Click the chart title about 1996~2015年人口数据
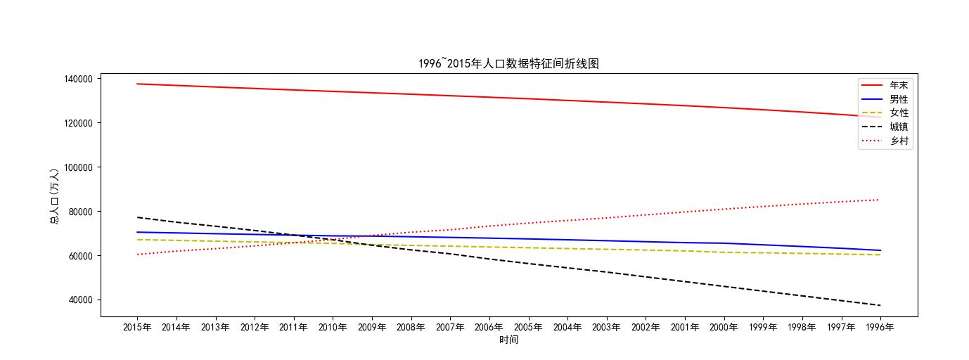tap(508, 64)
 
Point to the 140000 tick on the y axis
tap(78, 79)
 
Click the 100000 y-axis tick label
tap(78, 167)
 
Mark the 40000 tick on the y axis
tap(80, 300)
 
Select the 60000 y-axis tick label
tap(80, 256)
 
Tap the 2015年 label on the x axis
tap(137, 328)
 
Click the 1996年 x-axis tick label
tap(880, 328)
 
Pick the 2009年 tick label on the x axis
tap(372, 328)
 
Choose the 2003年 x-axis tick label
tap(606, 328)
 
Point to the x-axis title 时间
tap(508, 340)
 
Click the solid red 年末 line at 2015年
tap(137, 84)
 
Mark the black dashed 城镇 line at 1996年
tap(880, 305)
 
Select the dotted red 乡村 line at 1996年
tap(880, 200)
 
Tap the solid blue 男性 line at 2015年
tap(137, 232)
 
